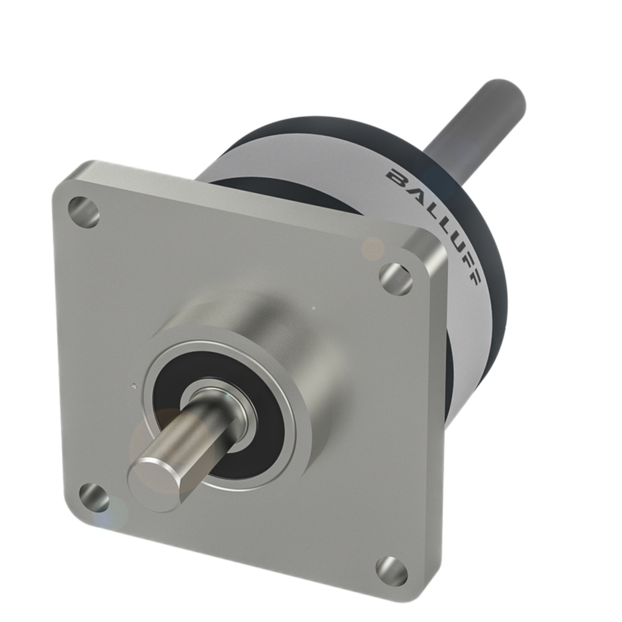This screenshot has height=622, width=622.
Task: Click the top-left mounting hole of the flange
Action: (84, 211)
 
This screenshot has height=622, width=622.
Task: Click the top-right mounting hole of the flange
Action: (395, 278)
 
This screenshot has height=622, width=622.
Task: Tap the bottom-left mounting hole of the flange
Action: (94, 499)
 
